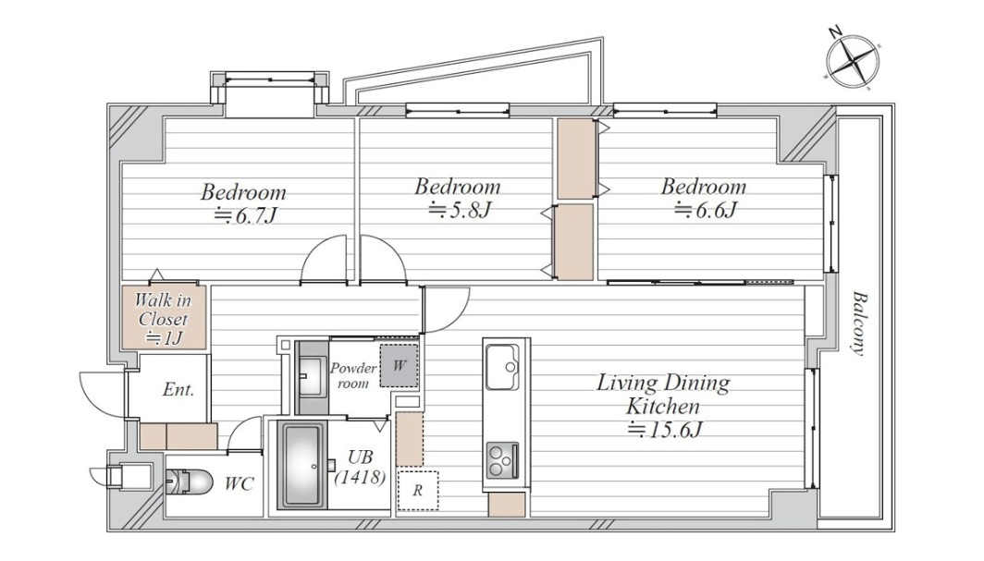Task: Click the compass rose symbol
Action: (852, 61)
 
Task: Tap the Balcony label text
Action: (858, 323)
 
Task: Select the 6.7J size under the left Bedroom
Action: (245, 215)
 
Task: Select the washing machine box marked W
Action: (400, 365)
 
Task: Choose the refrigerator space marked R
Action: (417, 490)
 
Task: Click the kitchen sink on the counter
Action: (502, 367)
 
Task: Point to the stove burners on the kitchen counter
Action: (502, 460)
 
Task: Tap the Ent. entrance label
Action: (178, 390)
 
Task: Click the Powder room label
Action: (353, 375)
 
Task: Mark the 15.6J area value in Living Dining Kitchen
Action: (665, 430)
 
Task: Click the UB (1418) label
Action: (360, 468)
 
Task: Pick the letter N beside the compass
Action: (834, 32)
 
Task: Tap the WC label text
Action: (240, 484)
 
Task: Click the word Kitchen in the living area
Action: (663, 406)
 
